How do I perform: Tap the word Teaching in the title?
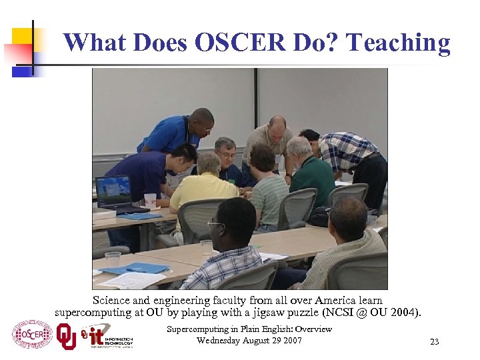[399, 43]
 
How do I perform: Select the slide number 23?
[434, 342]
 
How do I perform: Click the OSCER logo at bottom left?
[32, 334]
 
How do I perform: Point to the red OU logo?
[66, 335]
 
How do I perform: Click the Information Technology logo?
[107, 335]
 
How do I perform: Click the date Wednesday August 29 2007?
[249, 341]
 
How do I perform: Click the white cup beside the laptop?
[150, 200]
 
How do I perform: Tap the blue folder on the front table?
[136, 269]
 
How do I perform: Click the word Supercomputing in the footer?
[197, 329]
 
